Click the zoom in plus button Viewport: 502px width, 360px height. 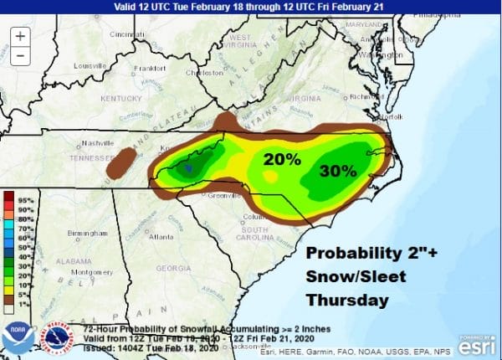20,37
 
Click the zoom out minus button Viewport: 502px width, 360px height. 20,57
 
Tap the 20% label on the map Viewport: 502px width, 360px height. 282,159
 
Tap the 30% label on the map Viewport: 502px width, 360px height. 339,170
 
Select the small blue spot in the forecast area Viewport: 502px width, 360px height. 189,168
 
